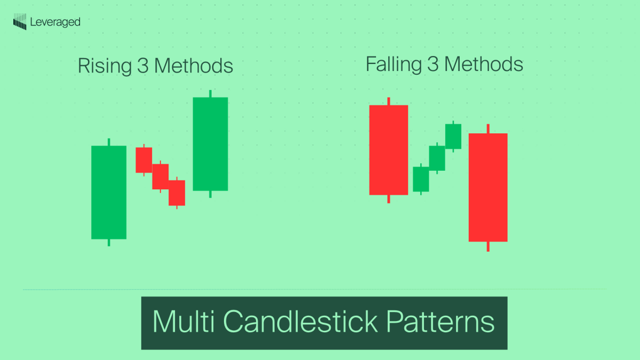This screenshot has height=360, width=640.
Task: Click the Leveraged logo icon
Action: [x=20, y=22]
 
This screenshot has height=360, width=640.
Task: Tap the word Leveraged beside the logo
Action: [x=55, y=22]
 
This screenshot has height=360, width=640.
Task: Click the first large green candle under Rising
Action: [x=109, y=192]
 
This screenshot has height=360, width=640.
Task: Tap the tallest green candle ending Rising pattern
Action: [x=210, y=143]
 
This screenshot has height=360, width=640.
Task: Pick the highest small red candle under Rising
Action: [x=143, y=160]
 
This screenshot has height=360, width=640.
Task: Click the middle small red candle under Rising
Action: [x=160, y=177]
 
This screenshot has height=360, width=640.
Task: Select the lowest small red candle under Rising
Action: [x=177, y=193]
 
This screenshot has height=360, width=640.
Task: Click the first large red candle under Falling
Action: [x=388, y=150]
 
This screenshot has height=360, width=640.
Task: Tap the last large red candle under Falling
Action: [x=487, y=187]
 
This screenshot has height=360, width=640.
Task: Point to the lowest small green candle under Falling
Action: [x=421, y=179]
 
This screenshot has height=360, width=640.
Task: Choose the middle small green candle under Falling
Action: [x=437, y=158]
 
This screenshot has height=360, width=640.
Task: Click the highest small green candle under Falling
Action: [x=453, y=137]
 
